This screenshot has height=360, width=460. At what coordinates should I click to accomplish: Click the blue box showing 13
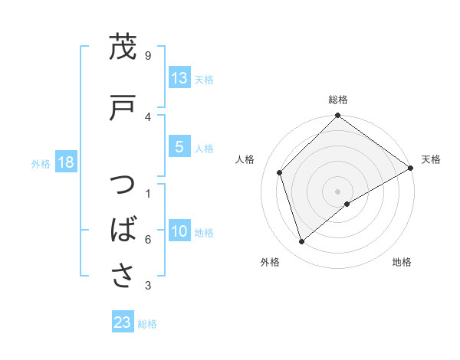(179, 78)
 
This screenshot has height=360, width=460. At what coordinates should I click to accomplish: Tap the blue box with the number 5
(179, 148)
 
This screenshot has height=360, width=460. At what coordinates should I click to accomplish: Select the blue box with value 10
(179, 232)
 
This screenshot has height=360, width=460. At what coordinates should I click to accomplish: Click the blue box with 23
(122, 322)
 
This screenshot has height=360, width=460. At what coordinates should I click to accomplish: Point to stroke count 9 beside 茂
(148, 56)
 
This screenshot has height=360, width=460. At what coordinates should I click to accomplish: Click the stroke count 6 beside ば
(148, 240)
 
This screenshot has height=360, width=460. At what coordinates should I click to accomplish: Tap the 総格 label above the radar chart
(338, 100)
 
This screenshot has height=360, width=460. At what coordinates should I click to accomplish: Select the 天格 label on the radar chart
(431, 159)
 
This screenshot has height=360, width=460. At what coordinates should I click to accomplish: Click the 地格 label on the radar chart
(402, 262)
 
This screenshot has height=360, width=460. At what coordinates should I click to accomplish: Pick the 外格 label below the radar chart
(270, 262)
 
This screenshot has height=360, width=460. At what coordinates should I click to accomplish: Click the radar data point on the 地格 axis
(347, 204)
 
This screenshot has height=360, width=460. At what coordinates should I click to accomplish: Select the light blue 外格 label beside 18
(41, 164)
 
